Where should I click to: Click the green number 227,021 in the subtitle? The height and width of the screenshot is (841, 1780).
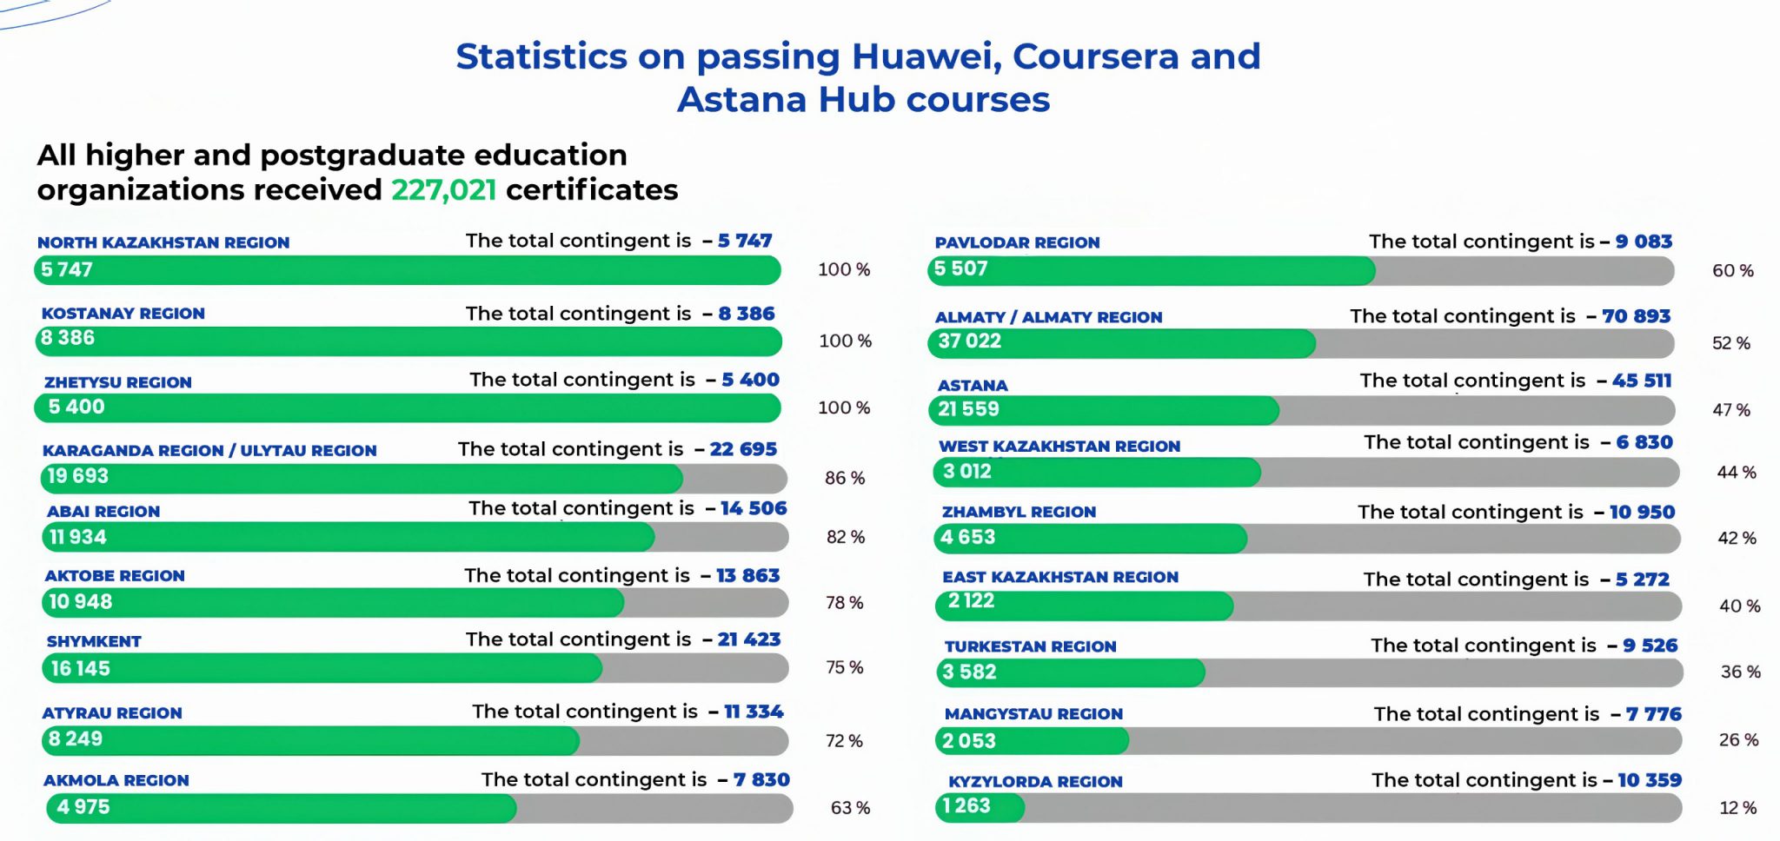[x=443, y=189]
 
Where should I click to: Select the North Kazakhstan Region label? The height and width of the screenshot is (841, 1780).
[x=163, y=242]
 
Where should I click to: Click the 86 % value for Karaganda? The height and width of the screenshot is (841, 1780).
[x=845, y=478]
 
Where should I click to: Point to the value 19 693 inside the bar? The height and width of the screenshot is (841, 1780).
[x=77, y=476]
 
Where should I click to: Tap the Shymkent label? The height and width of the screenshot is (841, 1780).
[x=94, y=641]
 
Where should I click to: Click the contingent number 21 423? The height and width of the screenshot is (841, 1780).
[x=749, y=639]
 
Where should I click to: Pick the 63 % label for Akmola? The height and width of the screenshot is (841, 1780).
[x=850, y=808]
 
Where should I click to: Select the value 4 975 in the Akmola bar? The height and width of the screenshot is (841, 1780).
[x=83, y=807]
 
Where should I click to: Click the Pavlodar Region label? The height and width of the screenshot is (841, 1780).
[x=1017, y=242]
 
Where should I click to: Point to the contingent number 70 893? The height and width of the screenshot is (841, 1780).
[x=1636, y=316]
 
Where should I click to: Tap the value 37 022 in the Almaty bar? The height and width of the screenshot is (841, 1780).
[x=969, y=341]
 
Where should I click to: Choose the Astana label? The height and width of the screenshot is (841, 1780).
[x=973, y=385]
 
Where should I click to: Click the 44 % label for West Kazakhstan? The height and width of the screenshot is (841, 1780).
[x=1737, y=473]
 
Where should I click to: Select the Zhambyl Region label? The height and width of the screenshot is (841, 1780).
[x=1019, y=512]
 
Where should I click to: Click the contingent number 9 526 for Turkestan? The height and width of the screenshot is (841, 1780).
[x=1650, y=646]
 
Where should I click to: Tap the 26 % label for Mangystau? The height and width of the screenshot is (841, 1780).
[x=1738, y=740]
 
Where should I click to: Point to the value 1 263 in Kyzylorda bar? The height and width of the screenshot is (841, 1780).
[x=966, y=806]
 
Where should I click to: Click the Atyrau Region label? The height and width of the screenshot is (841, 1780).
[x=112, y=712]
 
